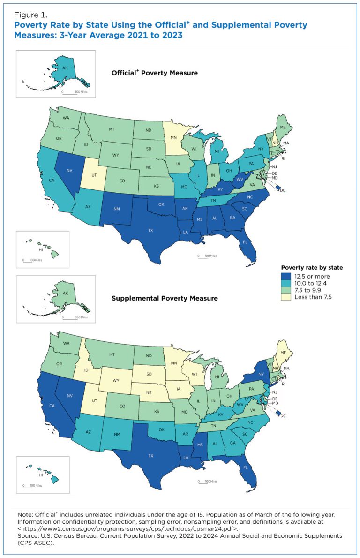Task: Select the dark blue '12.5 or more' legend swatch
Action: pyautogui.click(x=285, y=276)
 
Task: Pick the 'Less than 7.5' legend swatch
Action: pyautogui.click(x=285, y=297)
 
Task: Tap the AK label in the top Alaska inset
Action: pyautogui.click(x=66, y=67)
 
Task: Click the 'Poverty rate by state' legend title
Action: pyautogui.click(x=311, y=268)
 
